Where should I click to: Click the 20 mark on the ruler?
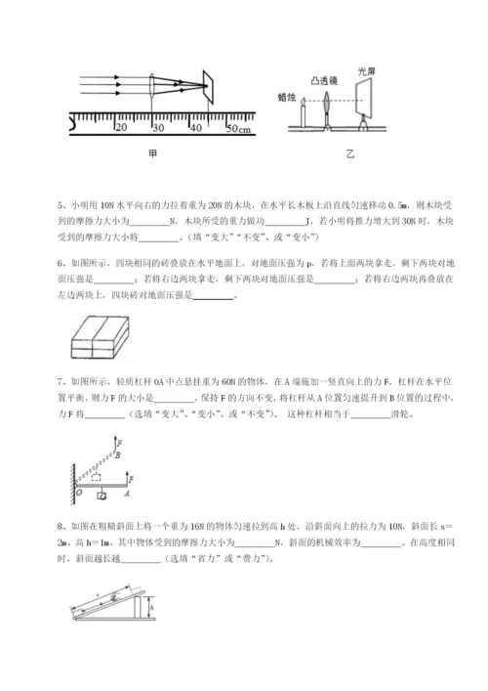(121, 128)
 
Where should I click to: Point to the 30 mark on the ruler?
(156, 128)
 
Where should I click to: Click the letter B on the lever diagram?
(119, 454)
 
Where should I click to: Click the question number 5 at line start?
(60, 206)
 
